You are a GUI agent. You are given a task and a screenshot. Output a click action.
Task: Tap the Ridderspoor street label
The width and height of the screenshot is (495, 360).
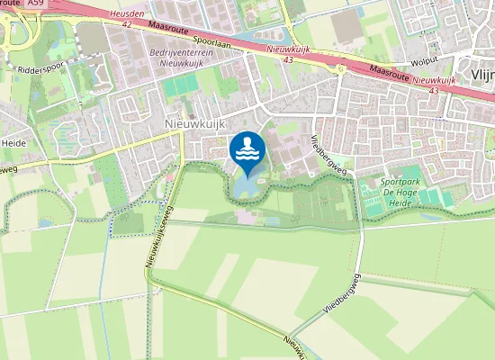[x=37, y=67]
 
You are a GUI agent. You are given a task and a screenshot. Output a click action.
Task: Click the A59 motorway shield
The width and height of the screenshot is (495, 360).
[x=35, y=4]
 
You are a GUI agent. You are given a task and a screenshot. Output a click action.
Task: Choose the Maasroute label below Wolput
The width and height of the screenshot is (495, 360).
[x=413, y=79]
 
